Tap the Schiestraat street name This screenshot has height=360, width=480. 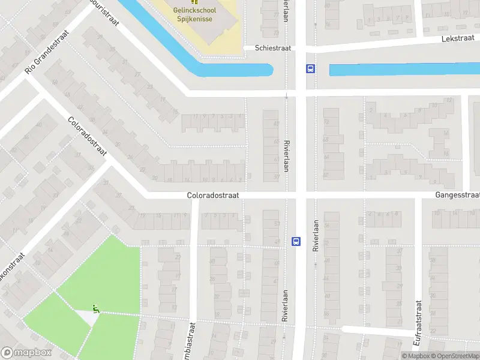pos(274,47)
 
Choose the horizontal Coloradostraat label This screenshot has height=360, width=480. pos(213,195)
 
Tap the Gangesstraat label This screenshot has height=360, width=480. pos(458,196)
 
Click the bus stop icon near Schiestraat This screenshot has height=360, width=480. pos(310,68)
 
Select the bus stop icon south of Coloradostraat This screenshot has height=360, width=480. pos(296,241)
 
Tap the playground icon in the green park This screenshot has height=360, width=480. pos(96,309)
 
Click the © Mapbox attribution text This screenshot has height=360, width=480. pos(416,356)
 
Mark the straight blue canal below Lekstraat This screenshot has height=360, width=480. pos(402,69)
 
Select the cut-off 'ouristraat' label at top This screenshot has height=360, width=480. pos(104,12)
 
